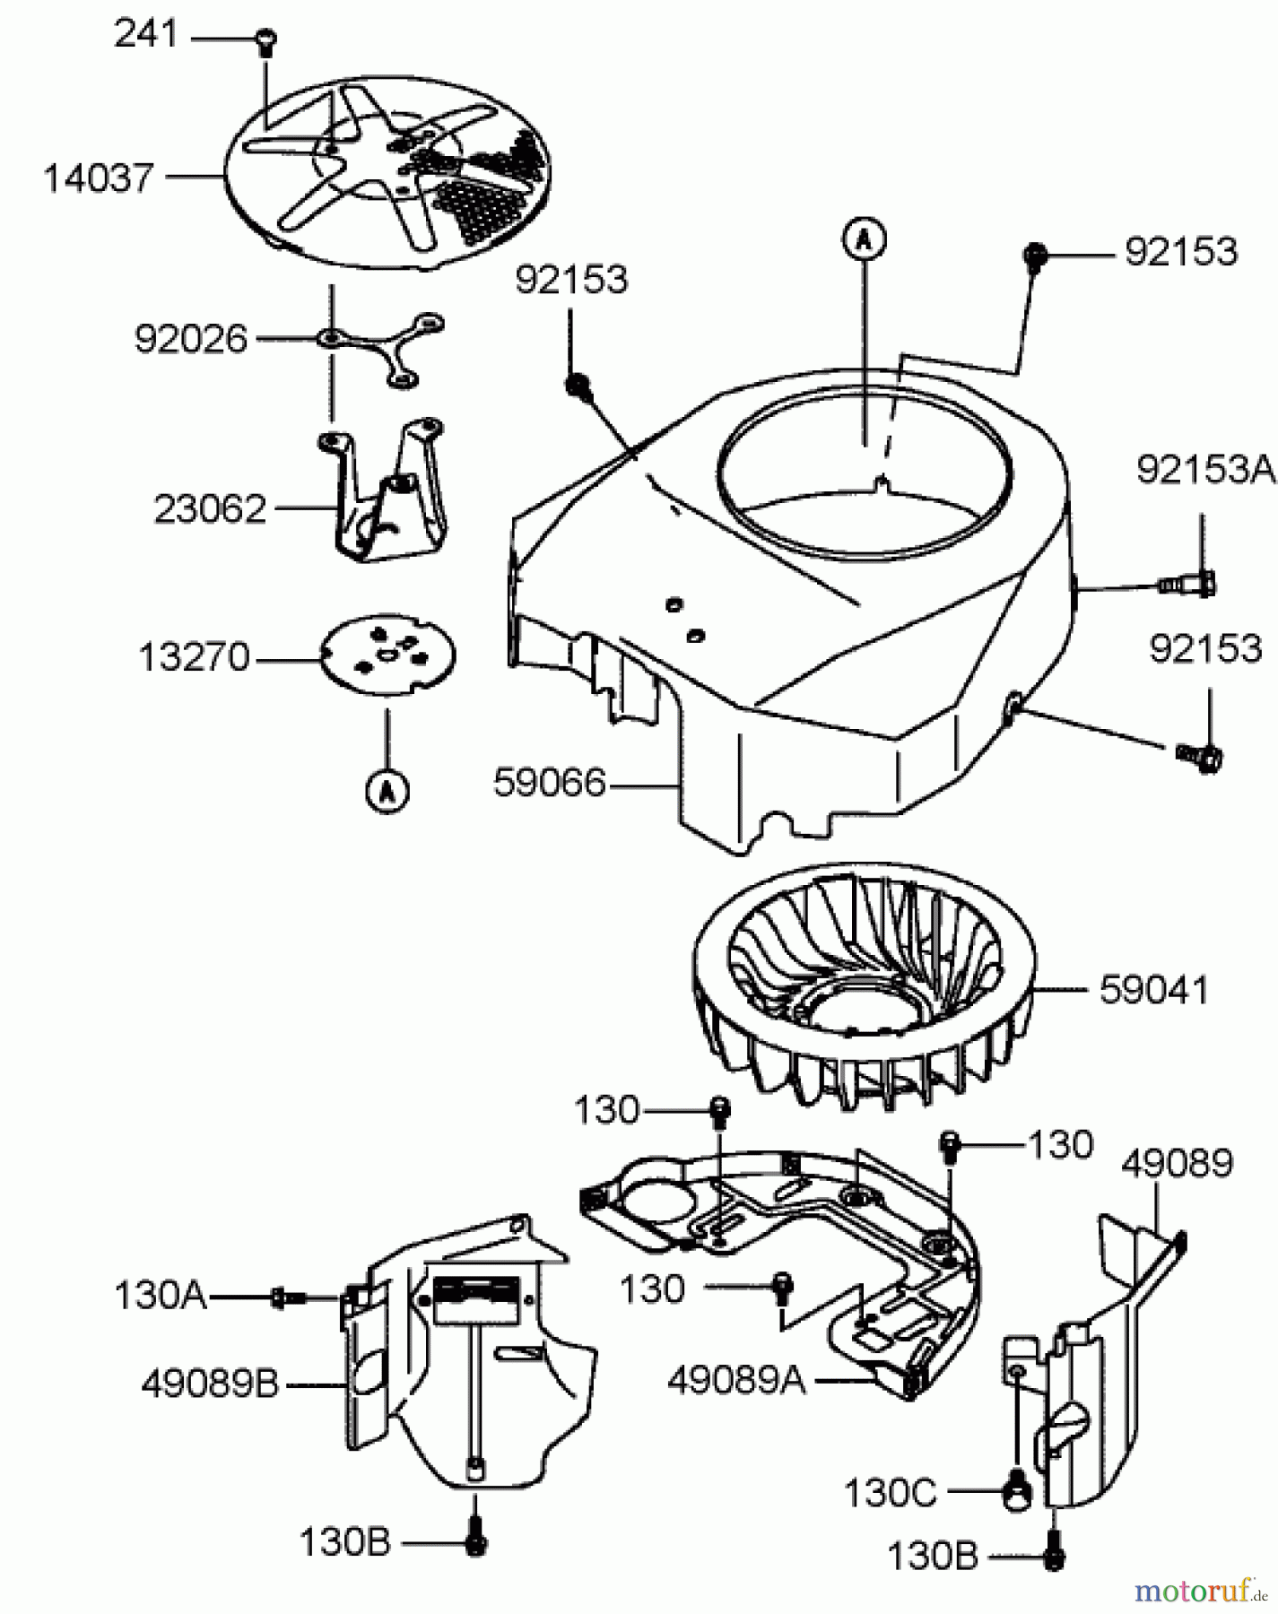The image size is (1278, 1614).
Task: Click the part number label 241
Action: [x=145, y=36]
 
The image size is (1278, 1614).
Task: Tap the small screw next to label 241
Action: [x=266, y=39]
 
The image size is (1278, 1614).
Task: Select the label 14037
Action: [x=99, y=178]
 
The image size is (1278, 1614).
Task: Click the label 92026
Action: [x=190, y=339]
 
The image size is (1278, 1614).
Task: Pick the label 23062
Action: [x=211, y=509]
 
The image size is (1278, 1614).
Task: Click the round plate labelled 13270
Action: [x=388, y=657]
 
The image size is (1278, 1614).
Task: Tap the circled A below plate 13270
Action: [x=387, y=791]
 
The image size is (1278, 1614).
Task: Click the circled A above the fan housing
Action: [x=863, y=239]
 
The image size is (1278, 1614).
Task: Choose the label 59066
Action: [x=549, y=784]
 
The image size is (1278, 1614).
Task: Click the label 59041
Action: [x=1154, y=990]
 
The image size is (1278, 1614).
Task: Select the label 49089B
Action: [x=210, y=1385]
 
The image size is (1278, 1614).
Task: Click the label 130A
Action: [x=161, y=1296]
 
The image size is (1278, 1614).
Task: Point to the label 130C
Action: [x=890, y=1493]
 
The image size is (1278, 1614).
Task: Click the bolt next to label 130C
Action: [x=1017, y=1494]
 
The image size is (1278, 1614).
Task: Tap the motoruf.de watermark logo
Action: [x=1197, y=1591]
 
